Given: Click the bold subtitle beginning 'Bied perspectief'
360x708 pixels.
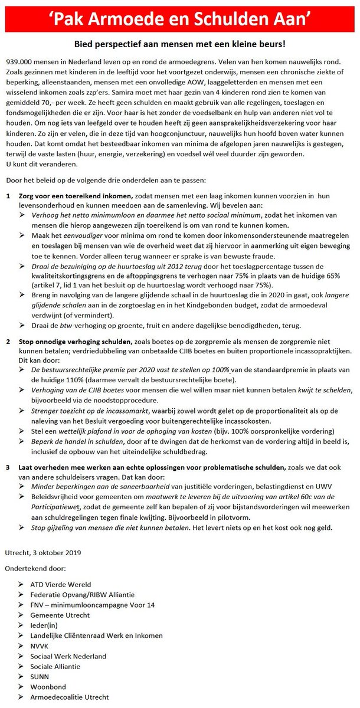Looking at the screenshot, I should pos(180,44).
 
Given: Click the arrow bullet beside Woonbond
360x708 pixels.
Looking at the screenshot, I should pos(21,687).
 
